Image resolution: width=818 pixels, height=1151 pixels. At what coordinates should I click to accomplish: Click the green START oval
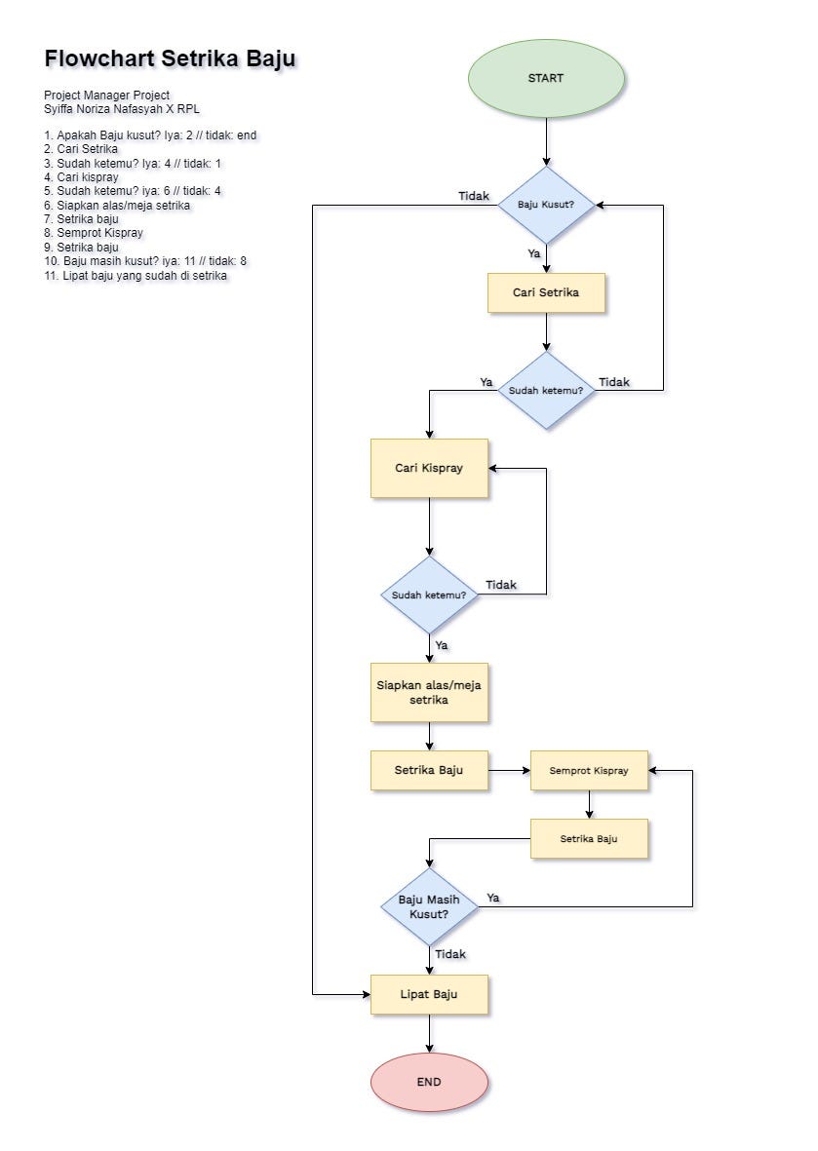tap(546, 78)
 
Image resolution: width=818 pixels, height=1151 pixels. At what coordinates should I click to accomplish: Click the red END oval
tap(429, 1082)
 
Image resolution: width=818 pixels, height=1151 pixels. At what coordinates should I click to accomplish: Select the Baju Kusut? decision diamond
tap(546, 205)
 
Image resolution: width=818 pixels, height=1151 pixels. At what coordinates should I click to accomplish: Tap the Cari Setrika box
tap(546, 292)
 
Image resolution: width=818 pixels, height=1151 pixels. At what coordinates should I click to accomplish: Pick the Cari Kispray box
tap(429, 468)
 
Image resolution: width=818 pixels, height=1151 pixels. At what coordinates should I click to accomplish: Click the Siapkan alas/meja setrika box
tap(429, 692)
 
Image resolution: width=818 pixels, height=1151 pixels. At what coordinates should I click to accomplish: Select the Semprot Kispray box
tap(589, 770)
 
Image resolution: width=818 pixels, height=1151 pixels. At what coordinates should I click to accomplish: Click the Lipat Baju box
tap(429, 994)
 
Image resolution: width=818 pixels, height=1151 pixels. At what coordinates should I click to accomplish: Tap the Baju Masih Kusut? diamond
tap(429, 907)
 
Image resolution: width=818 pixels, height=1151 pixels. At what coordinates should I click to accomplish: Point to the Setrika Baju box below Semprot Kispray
tap(589, 838)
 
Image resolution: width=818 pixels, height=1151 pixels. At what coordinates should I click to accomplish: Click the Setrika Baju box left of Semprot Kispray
tap(429, 770)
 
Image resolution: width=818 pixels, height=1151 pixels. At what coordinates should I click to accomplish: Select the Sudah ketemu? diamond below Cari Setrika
tap(546, 390)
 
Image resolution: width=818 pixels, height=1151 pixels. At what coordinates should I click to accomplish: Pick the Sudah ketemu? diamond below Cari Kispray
tap(429, 595)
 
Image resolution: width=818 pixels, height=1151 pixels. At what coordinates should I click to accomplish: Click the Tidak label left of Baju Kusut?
tap(474, 196)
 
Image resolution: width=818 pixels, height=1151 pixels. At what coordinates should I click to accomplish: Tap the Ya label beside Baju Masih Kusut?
tap(493, 898)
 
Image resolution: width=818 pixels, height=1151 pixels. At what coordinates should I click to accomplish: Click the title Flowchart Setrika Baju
tap(170, 59)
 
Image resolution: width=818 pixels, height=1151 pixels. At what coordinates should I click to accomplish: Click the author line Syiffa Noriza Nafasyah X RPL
tap(122, 109)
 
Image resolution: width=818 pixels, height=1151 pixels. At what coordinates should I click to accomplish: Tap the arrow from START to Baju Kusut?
tap(546, 141)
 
